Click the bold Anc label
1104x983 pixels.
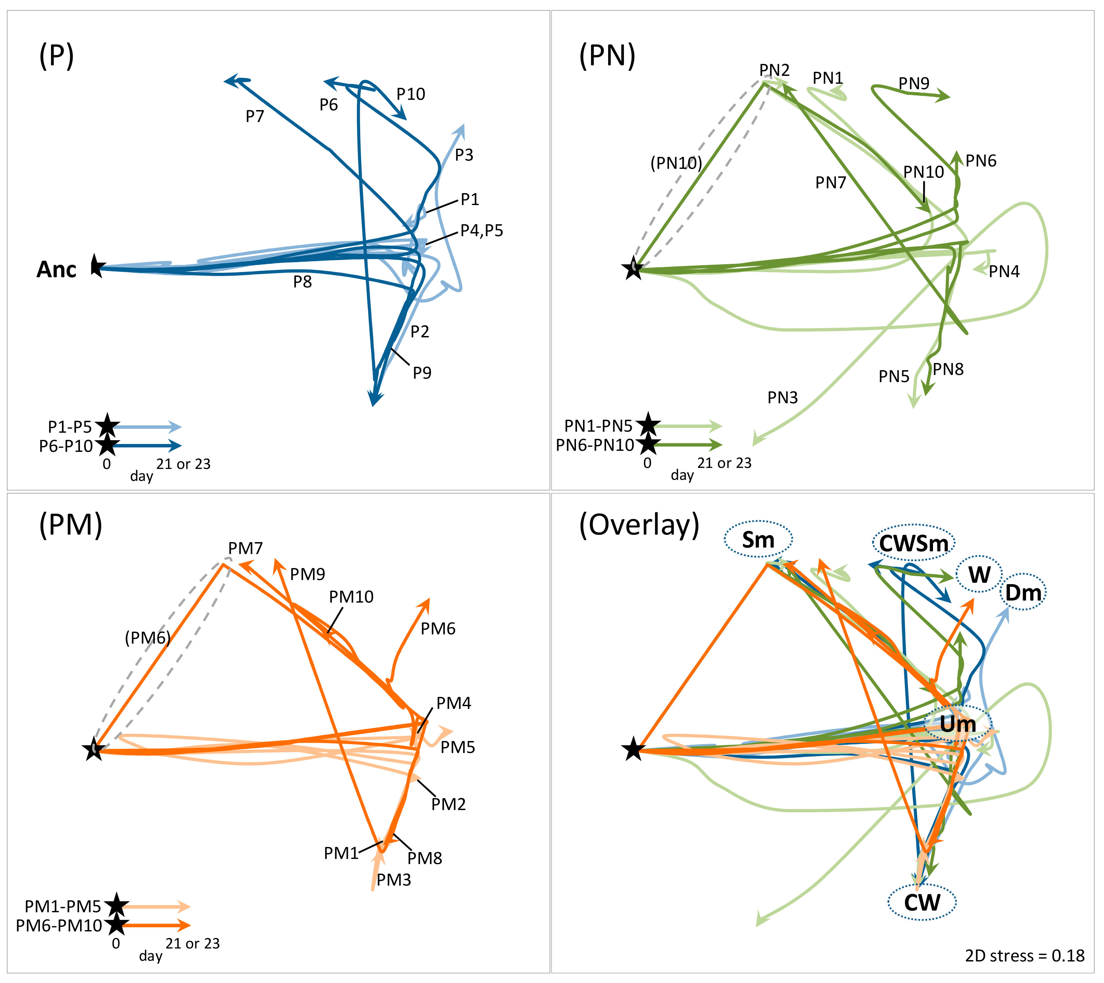click(56, 270)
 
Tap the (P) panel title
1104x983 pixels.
click(56, 56)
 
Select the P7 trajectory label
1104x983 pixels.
click(255, 116)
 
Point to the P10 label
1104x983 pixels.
click(411, 95)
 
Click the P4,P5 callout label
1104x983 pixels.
click(482, 231)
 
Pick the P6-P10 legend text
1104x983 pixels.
click(66, 446)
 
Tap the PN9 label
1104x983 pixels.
click(914, 84)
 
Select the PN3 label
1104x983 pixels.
click(783, 398)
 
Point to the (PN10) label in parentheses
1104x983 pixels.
click(676, 163)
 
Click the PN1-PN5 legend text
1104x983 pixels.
click(598, 426)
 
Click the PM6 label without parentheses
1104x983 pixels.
click(438, 629)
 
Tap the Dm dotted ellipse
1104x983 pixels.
click(1023, 593)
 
